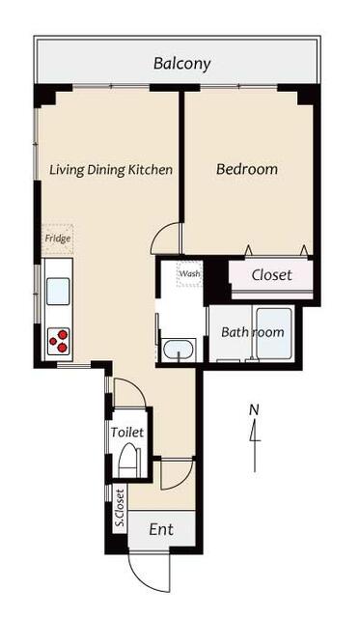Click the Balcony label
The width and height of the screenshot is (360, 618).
[182, 64]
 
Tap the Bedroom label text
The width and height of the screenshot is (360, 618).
[247, 169]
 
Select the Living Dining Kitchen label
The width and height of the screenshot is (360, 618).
[111, 170]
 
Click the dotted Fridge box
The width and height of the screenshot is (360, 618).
[58, 239]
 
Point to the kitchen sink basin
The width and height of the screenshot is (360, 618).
[58, 292]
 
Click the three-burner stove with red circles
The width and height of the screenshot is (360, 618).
[58, 341]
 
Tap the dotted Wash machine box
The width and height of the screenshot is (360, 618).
[190, 273]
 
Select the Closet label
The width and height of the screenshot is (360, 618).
[272, 275]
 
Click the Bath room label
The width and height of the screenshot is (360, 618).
[253, 332]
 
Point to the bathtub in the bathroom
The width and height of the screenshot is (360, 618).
[274, 333]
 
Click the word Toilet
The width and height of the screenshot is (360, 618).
[126, 433]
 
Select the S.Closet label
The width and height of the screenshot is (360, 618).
[120, 508]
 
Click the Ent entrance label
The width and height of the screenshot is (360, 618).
[161, 530]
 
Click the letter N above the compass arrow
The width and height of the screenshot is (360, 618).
[255, 409]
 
